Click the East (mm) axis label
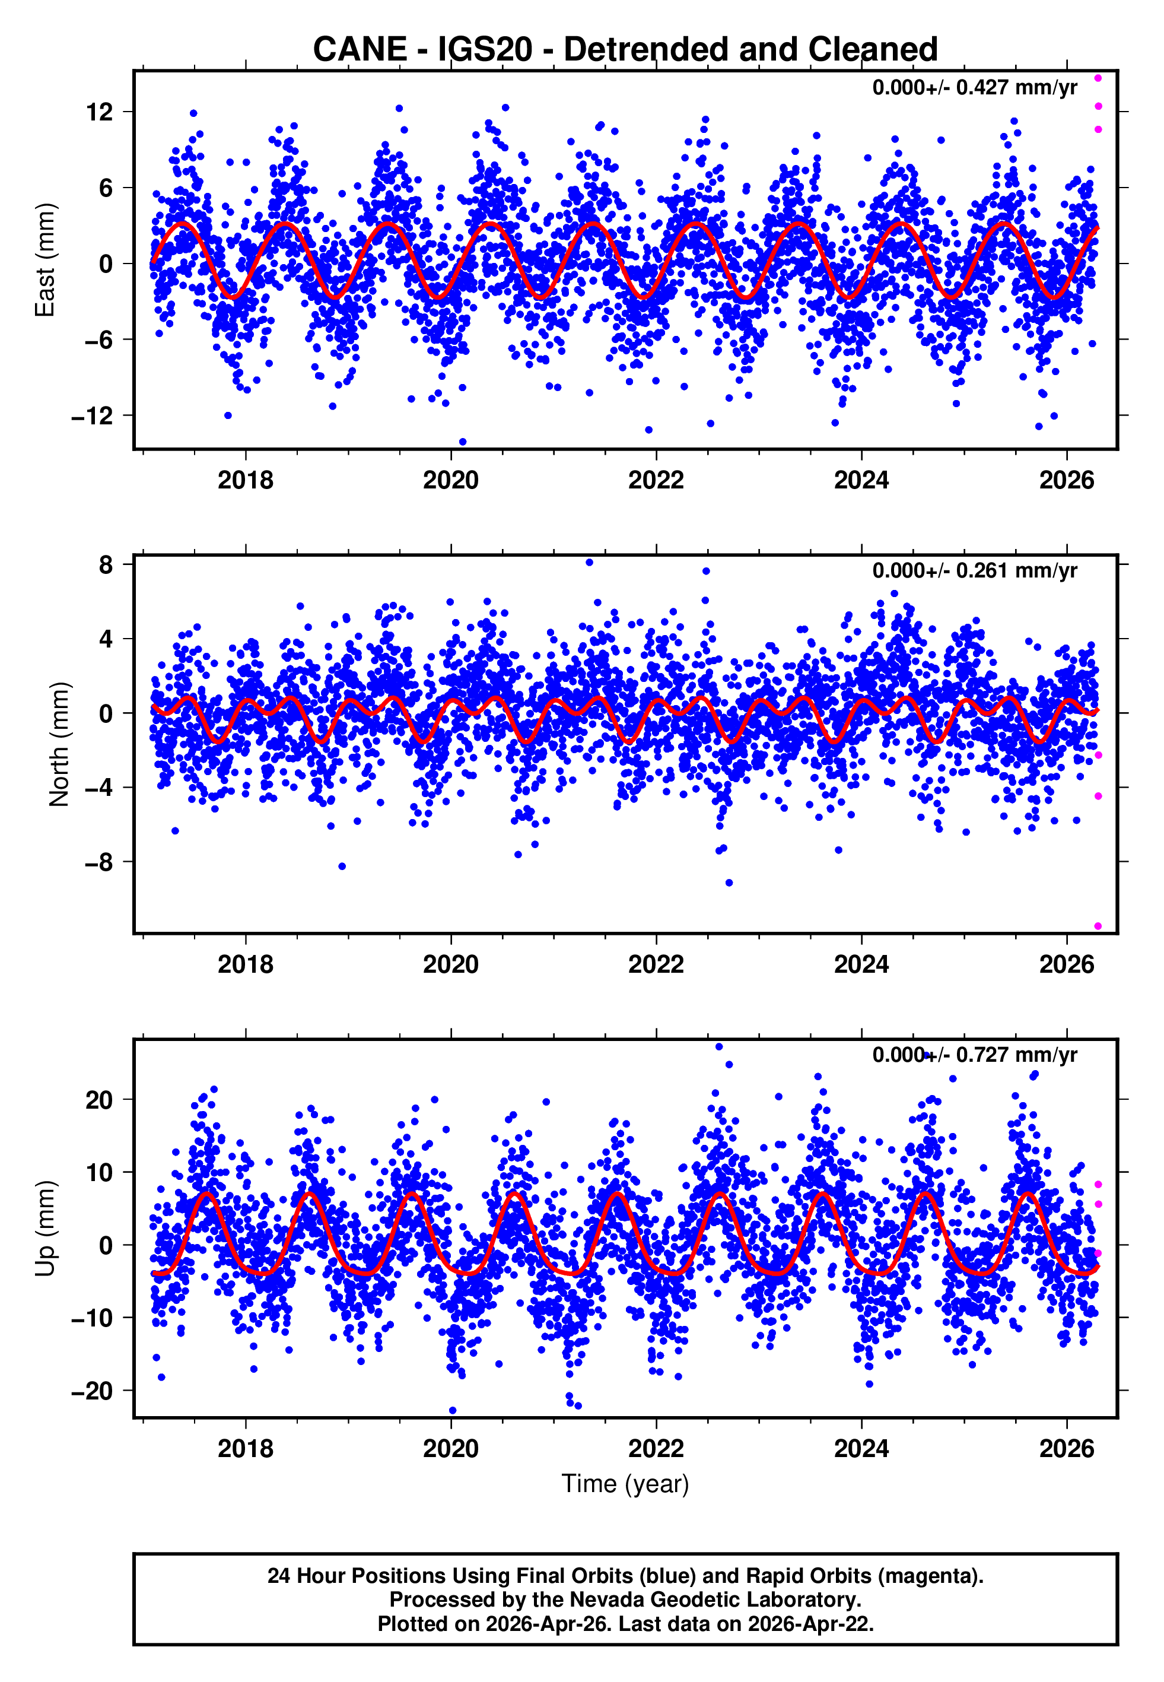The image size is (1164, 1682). coord(45,261)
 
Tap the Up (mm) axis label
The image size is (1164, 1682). coord(45,1229)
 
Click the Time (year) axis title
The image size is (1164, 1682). coord(625,1484)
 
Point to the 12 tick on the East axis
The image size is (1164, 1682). coord(100,112)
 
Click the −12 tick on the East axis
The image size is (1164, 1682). coord(93,417)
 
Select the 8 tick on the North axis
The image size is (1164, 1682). coord(106,564)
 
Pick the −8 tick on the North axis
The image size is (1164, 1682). coord(99,863)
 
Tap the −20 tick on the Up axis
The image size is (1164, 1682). coord(93,1392)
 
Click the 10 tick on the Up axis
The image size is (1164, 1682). coord(99,1173)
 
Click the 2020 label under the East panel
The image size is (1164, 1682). coord(451,481)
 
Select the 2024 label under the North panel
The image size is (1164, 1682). coord(861,965)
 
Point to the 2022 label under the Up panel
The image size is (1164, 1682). coord(656,1449)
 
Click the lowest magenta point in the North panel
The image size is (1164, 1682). coord(1098,926)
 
